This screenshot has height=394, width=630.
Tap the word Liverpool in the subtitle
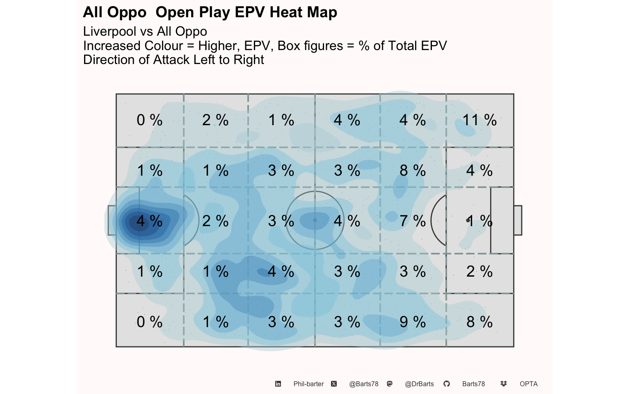(110, 31)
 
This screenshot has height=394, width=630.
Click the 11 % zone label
(479, 120)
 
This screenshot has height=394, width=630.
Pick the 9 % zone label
(413, 322)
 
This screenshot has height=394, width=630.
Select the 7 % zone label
(413, 221)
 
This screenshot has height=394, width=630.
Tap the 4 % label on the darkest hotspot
(149, 221)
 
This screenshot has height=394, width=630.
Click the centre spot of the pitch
(315, 220)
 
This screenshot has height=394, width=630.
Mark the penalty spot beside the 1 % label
(468, 220)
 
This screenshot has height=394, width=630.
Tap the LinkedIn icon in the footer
(278, 384)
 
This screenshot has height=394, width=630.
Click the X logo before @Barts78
(334, 384)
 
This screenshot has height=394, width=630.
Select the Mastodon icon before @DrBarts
(390, 384)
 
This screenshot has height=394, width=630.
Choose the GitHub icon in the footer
(447, 384)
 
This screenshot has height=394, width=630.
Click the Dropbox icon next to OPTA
(503, 384)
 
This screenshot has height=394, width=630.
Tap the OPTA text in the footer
(528, 384)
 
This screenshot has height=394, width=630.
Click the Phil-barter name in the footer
(308, 384)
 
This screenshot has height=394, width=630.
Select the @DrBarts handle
(419, 384)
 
